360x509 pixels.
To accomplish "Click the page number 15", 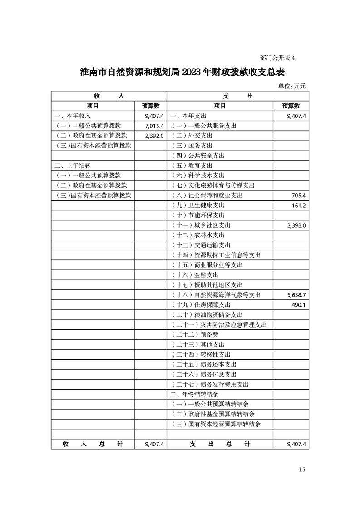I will [x=302, y=469].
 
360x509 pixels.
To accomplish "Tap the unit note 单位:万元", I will [x=292, y=86].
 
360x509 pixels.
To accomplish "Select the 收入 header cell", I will [x=108, y=96].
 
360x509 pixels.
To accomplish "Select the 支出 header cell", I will [x=237, y=96].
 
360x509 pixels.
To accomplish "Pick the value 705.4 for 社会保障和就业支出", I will [x=297, y=196].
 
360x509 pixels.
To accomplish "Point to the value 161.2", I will [x=297, y=206].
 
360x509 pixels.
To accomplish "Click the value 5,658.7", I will [x=296, y=295].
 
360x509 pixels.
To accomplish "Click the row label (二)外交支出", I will [x=192, y=136].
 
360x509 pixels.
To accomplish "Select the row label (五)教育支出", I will [x=192, y=166].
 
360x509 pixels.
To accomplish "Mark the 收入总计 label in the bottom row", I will [x=93, y=445].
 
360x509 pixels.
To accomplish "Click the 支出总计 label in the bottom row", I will [x=220, y=445].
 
